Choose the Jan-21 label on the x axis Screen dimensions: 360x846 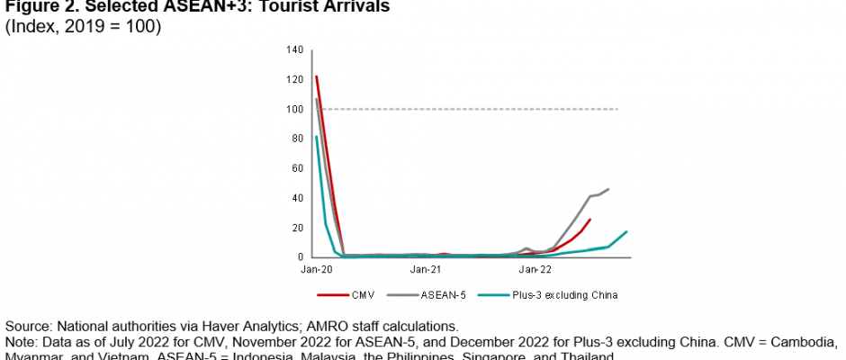pos(424,268)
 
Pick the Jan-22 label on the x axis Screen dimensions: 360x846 pos(535,268)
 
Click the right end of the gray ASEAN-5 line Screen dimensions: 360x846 pos(608,189)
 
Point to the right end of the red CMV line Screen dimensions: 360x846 pos(589,220)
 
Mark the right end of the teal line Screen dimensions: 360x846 pos(626,231)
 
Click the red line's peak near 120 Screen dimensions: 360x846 pos(317,76)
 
